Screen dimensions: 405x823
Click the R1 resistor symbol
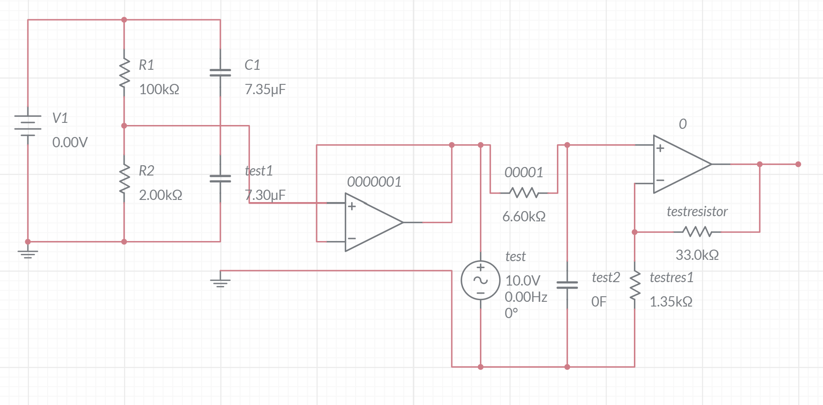coord(124,73)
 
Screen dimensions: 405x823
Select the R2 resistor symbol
coord(124,179)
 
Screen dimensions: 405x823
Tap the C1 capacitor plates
coord(220,73)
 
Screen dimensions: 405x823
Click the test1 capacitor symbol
coord(220,179)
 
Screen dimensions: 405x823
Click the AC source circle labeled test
coord(480,280)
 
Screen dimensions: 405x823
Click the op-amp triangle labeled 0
coord(680,164)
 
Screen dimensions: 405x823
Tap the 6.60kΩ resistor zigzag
coord(524,193)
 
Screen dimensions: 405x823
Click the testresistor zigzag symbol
coord(697,232)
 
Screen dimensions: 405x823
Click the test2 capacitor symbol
coord(567,285)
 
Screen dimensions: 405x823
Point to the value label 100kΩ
coord(159,89)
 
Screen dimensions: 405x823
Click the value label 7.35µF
coord(265,89)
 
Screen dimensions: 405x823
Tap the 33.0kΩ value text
coord(697,255)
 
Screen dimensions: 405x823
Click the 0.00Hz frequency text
coord(526,297)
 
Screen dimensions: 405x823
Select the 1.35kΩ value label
coord(671,302)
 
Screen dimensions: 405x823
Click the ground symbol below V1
coord(28,254)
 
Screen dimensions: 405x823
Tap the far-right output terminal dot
coord(798,164)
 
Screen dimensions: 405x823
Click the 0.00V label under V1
coord(70,143)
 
